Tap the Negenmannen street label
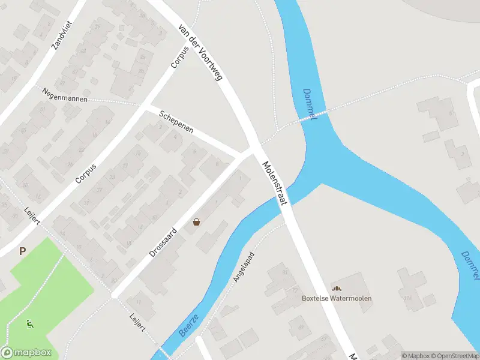[x=65, y=95]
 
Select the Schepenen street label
[x=176, y=122]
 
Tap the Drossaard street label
[x=163, y=242]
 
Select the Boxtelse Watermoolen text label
[x=337, y=299]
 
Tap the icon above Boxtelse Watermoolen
[x=336, y=289]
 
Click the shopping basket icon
[x=196, y=223]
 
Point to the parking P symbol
[x=22, y=251]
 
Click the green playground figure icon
[x=29, y=324]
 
